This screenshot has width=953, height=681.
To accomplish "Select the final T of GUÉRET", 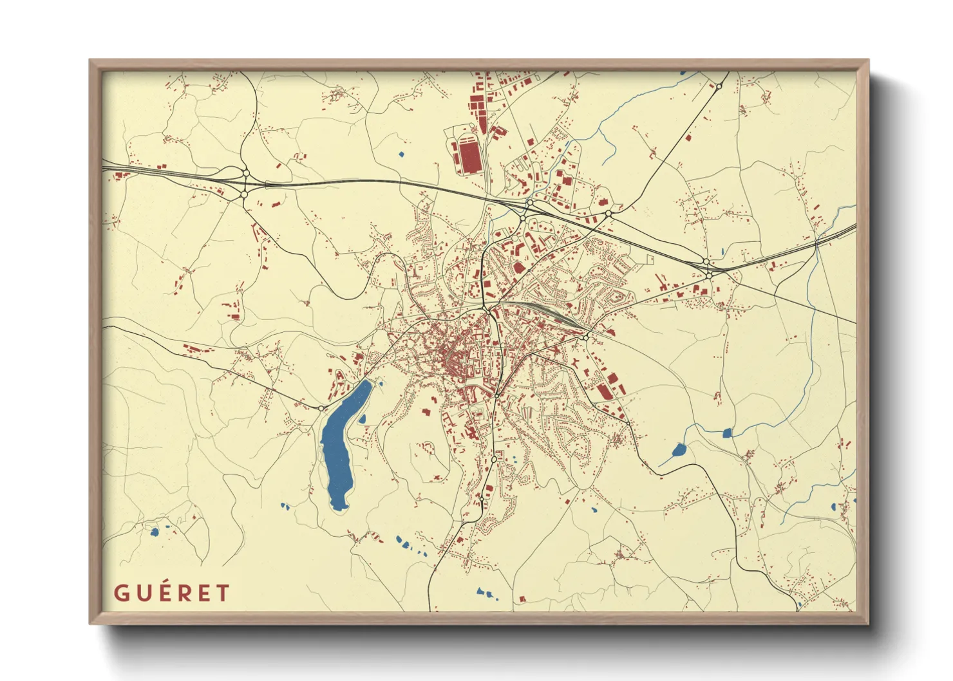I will [223, 593].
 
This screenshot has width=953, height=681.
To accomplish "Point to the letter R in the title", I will [185, 593].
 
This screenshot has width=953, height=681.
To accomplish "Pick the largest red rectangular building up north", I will [469, 155].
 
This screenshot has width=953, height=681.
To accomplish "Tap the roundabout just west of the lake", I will [321, 407].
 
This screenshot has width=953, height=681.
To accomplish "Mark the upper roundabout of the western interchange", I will [245, 173].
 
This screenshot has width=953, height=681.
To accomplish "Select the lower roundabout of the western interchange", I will [245, 192].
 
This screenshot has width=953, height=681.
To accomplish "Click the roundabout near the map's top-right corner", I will [719, 86].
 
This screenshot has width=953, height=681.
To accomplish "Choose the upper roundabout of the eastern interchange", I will [706, 261].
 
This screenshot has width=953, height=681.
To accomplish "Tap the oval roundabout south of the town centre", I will [494, 460].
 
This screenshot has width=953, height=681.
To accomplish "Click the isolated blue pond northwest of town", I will [401, 154].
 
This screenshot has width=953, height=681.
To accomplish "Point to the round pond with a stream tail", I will [679, 450].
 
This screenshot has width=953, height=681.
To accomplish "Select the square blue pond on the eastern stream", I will [728, 433].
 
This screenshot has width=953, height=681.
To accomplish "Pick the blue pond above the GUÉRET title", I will [154, 532].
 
